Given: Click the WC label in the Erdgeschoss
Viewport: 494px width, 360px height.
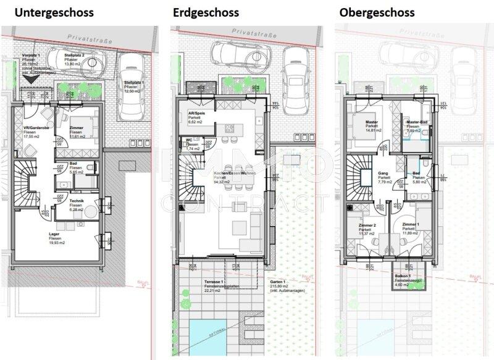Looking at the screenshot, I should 190,141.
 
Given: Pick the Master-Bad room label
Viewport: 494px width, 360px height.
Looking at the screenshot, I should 418,122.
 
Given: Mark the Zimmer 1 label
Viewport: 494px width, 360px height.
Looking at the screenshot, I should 411,226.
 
